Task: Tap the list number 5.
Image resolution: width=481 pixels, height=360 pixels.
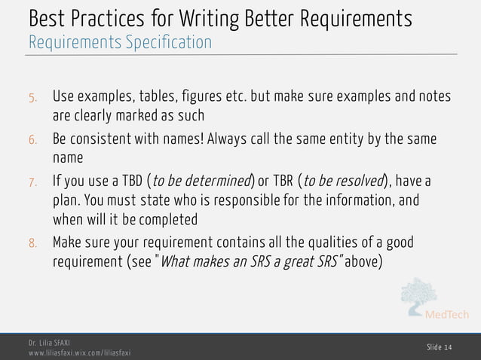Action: point(32,99)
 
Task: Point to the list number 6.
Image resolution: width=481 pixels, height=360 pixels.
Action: point(32,141)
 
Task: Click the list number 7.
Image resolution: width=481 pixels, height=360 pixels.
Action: point(32,183)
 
